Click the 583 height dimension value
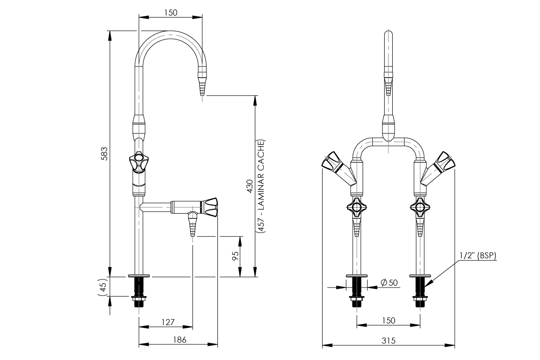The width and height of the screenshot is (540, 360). coord(104,153)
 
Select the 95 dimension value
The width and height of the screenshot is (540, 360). coord(235,256)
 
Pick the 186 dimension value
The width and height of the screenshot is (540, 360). coord(179,340)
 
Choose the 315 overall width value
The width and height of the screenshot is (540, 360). coord(388,340)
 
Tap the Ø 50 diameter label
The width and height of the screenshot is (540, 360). coord(389,283)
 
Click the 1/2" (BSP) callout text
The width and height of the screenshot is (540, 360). coord(477,256)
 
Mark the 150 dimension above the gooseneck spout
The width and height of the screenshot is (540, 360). coord(171,13)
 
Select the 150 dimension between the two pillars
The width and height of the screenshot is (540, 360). coord(388,321)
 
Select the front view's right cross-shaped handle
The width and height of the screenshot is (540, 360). coord(420,207)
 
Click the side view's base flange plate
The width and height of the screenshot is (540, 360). coord(139,275)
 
